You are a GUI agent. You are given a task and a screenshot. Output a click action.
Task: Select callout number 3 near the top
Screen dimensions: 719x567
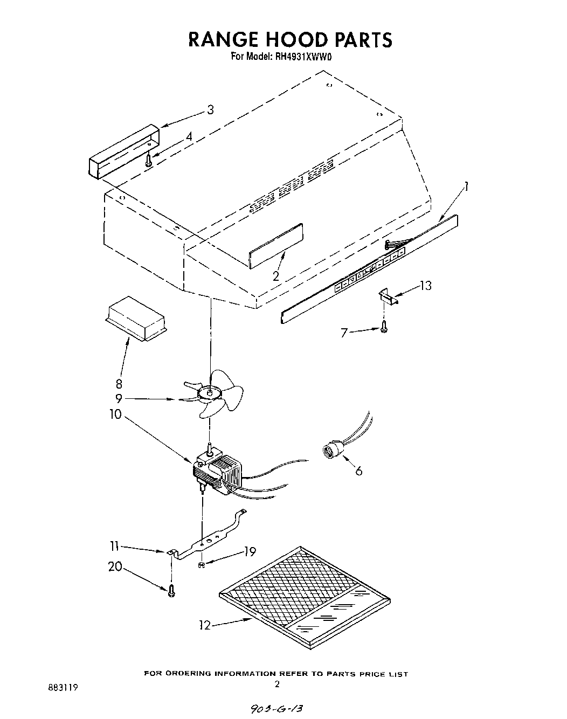pyautogui.click(x=210, y=110)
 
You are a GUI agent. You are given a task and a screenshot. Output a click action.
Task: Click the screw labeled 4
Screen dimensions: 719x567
pyautogui.click(x=148, y=157)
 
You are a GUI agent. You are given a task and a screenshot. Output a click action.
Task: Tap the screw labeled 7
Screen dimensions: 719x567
pyautogui.click(x=383, y=327)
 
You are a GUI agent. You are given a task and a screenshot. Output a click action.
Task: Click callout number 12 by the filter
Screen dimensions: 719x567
pyautogui.click(x=205, y=625)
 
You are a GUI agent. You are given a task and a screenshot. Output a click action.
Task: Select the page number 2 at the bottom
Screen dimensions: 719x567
pyautogui.click(x=277, y=684)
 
